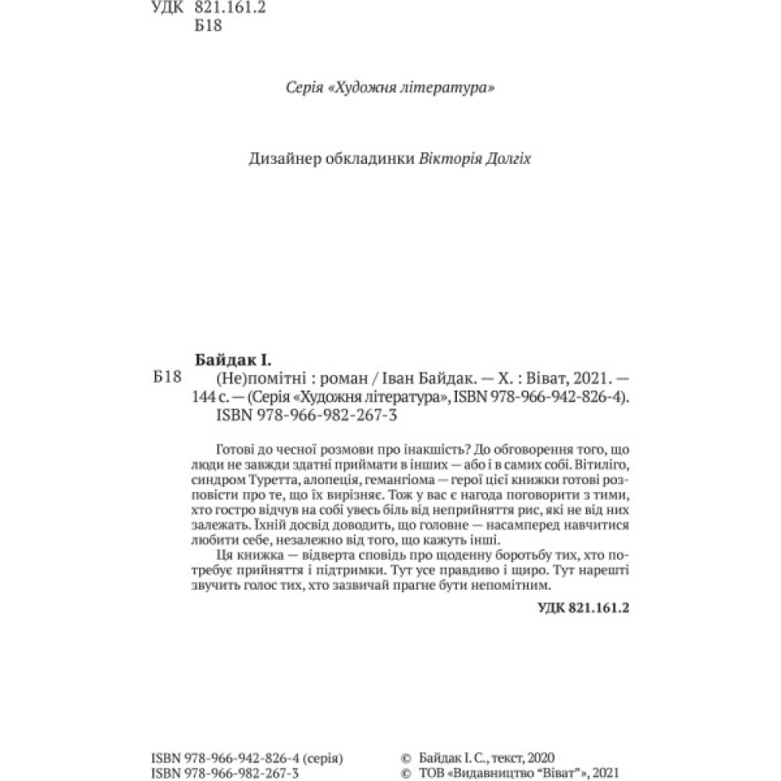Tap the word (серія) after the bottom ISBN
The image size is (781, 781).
(320, 758)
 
